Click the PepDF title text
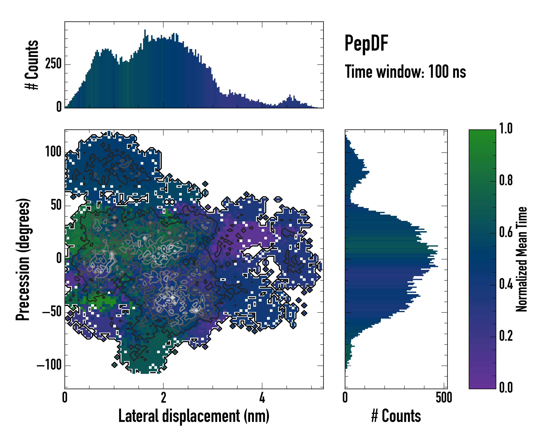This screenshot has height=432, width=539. (366, 43)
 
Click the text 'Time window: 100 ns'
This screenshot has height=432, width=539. (405, 72)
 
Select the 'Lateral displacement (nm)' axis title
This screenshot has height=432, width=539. (194, 416)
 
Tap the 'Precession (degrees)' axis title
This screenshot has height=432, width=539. (23, 259)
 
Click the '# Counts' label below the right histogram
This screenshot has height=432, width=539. (396, 416)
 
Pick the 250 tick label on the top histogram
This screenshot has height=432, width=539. (53, 64)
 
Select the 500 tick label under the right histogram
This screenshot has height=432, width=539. (444, 398)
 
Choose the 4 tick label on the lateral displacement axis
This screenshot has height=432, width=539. (262, 398)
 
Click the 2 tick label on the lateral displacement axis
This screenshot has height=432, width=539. (163, 398)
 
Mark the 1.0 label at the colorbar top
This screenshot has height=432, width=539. (506, 129)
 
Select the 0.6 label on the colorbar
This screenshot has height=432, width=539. (506, 232)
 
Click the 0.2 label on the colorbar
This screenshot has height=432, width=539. (506, 336)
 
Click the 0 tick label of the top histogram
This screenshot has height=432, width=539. (59, 107)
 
